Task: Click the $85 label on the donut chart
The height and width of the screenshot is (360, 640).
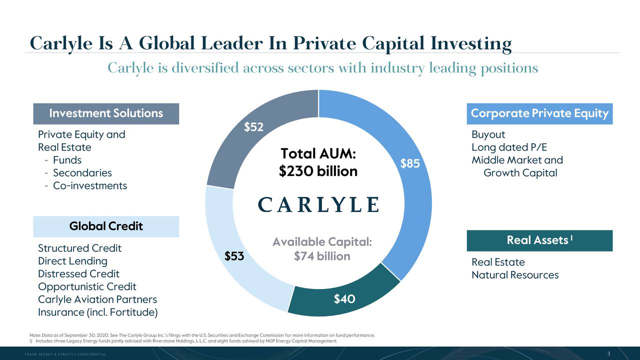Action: (409, 164)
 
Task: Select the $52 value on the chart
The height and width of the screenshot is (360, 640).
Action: (253, 127)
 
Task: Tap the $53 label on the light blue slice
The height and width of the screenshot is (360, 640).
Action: (234, 256)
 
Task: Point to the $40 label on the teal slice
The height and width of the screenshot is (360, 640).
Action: (344, 299)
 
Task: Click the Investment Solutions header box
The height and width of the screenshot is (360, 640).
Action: (106, 113)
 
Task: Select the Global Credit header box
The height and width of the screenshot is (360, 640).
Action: (106, 226)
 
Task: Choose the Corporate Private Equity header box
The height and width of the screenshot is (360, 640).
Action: (539, 113)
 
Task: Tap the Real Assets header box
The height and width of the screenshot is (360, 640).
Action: (539, 240)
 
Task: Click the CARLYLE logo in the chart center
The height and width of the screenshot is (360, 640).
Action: (318, 204)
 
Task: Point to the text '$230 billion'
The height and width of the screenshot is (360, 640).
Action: (318, 171)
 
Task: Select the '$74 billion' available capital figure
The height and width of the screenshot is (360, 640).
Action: (322, 256)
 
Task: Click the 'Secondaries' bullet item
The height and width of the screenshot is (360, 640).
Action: (82, 173)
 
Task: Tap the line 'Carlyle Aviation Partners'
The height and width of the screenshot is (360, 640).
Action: (97, 299)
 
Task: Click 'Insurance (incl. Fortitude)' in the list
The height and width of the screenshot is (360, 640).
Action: (98, 312)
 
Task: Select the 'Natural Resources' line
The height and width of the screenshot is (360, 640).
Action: (515, 275)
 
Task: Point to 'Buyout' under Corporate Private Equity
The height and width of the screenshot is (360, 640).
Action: (488, 134)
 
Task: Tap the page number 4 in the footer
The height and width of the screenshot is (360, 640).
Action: (608, 353)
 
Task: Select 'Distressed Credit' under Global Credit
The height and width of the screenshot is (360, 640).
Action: (78, 274)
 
